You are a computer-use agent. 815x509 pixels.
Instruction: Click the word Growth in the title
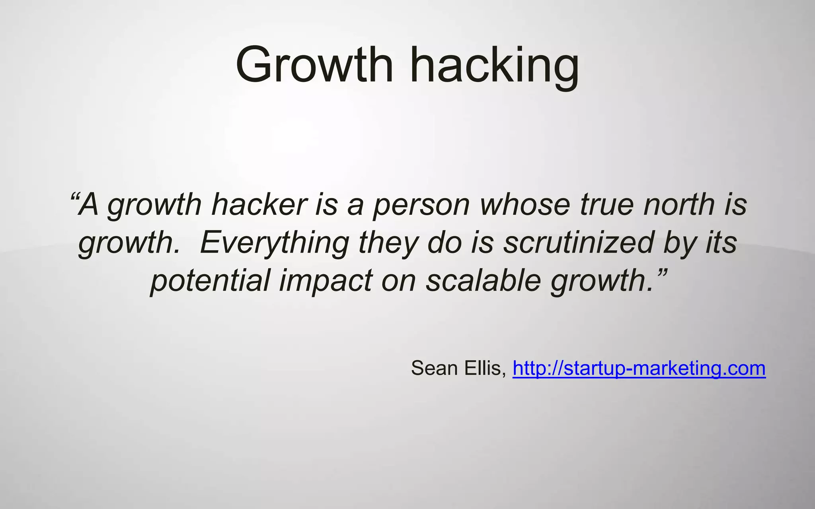click(314, 64)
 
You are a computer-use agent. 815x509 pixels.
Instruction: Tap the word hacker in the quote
click(259, 205)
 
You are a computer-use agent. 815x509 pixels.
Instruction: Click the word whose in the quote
click(525, 205)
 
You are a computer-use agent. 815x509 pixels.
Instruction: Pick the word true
click(606, 205)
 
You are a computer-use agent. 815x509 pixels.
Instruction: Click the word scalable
click(483, 281)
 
